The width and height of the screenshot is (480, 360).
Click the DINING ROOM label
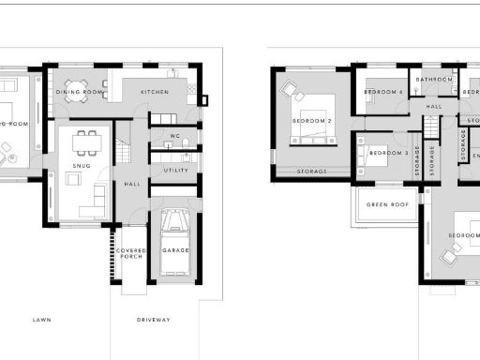click(78, 93)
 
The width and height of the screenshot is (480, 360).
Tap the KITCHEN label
click(154, 93)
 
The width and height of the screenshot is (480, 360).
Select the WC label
click(175, 138)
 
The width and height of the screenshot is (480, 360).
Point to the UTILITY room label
click(175, 170)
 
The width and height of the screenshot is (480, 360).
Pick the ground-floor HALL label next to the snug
click(132, 184)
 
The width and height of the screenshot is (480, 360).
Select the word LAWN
click(42, 320)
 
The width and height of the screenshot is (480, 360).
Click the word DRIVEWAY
click(154, 320)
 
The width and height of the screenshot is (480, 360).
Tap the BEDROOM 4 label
click(384, 92)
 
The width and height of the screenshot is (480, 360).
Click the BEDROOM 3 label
click(388, 153)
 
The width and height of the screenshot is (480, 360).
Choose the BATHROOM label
click(434, 80)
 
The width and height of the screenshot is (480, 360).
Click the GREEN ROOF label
click(387, 205)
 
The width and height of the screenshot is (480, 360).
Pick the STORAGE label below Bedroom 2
click(312, 172)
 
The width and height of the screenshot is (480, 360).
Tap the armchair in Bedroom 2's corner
click(289, 90)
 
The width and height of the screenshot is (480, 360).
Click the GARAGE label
click(175, 251)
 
